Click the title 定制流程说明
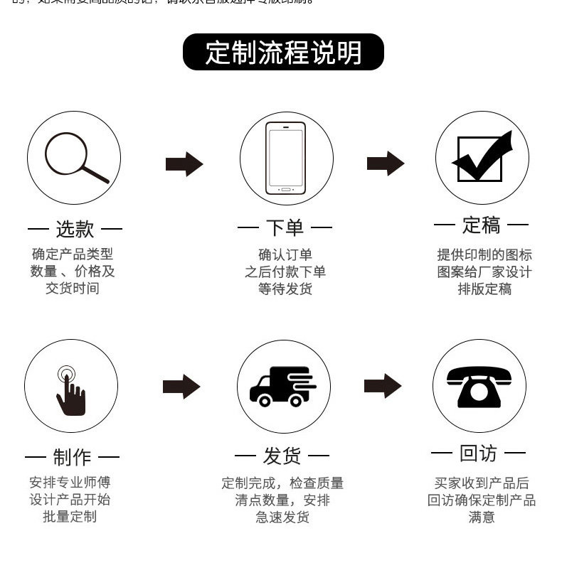pyautogui.click(x=283, y=53)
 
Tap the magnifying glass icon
pyautogui.click(x=74, y=158)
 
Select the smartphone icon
pyautogui.click(x=285, y=158)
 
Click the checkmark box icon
pyautogui.click(x=482, y=157)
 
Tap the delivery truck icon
pyautogui.click(x=282, y=386)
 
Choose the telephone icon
pyautogui.click(x=479, y=386)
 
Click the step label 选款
pyautogui.click(x=75, y=229)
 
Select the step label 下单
pyautogui.click(x=285, y=227)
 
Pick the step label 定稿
pyautogui.click(x=482, y=225)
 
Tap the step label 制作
pyautogui.click(x=73, y=456)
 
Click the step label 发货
pyautogui.click(x=282, y=455)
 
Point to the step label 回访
pyautogui.click(x=478, y=453)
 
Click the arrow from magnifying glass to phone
pyautogui.click(x=184, y=164)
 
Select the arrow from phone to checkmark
pyautogui.click(x=385, y=163)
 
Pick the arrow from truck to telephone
pyautogui.click(x=382, y=386)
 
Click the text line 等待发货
pyautogui.click(x=285, y=289)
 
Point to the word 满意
pyautogui.click(x=482, y=517)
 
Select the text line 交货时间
pyautogui.click(x=73, y=288)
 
